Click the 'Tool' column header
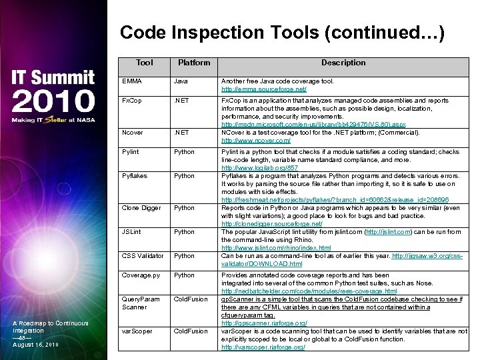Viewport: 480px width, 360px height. pyautogui.click(x=144, y=63)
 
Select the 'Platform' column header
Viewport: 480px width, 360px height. pyautogui.click(x=193, y=63)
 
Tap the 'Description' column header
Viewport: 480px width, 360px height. pyautogui.click(x=343, y=63)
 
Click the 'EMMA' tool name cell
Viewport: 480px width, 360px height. pyautogui.click(x=133, y=81)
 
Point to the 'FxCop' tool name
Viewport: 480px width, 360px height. pyautogui.click(x=132, y=101)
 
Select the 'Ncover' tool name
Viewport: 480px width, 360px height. pyautogui.click(x=133, y=133)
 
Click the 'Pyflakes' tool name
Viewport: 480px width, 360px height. pyautogui.click(x=134, y=176)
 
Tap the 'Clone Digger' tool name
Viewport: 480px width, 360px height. pyautogui.click(x=141, y=208)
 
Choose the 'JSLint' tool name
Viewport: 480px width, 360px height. pyautogui.click(x=132, y=232)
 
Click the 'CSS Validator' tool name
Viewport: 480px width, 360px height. pyautogui.click(x=142, y=256)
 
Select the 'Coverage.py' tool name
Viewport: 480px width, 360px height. pyautogui.click(x=141, y=275)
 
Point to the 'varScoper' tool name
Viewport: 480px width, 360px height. pyautogui.click(x=137, y=331)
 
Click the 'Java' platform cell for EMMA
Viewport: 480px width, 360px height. pyautogui.click(x=181, y=81)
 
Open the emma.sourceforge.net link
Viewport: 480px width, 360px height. pyautogui.click(x=264, y=89)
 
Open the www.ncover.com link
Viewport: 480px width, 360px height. pyautogui.click(x=256, y=141)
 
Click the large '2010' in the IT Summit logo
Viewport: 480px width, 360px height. pyautogui.click(x=53, y=101)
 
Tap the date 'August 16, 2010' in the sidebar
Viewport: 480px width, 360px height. pyautogui.click(x=36, y=345)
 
